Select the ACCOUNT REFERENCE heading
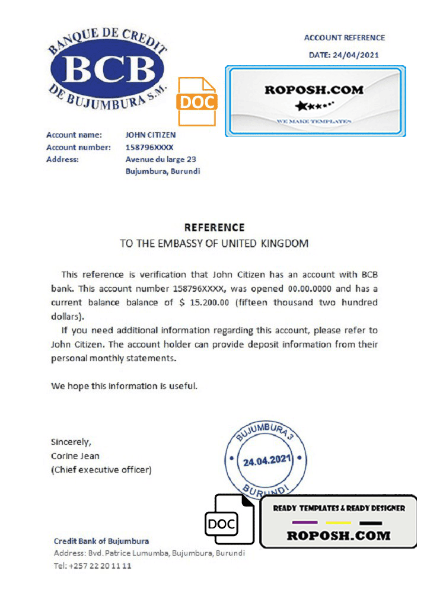345,38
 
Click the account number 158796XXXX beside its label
151,147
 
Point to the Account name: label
74,135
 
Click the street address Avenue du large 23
161,159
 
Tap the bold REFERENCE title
214,228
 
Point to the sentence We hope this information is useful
123,386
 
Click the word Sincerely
71,442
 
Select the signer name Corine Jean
75,456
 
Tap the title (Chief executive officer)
101,470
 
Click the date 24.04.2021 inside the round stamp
265,461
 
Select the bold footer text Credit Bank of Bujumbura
101,541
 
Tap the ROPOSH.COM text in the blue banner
314,90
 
